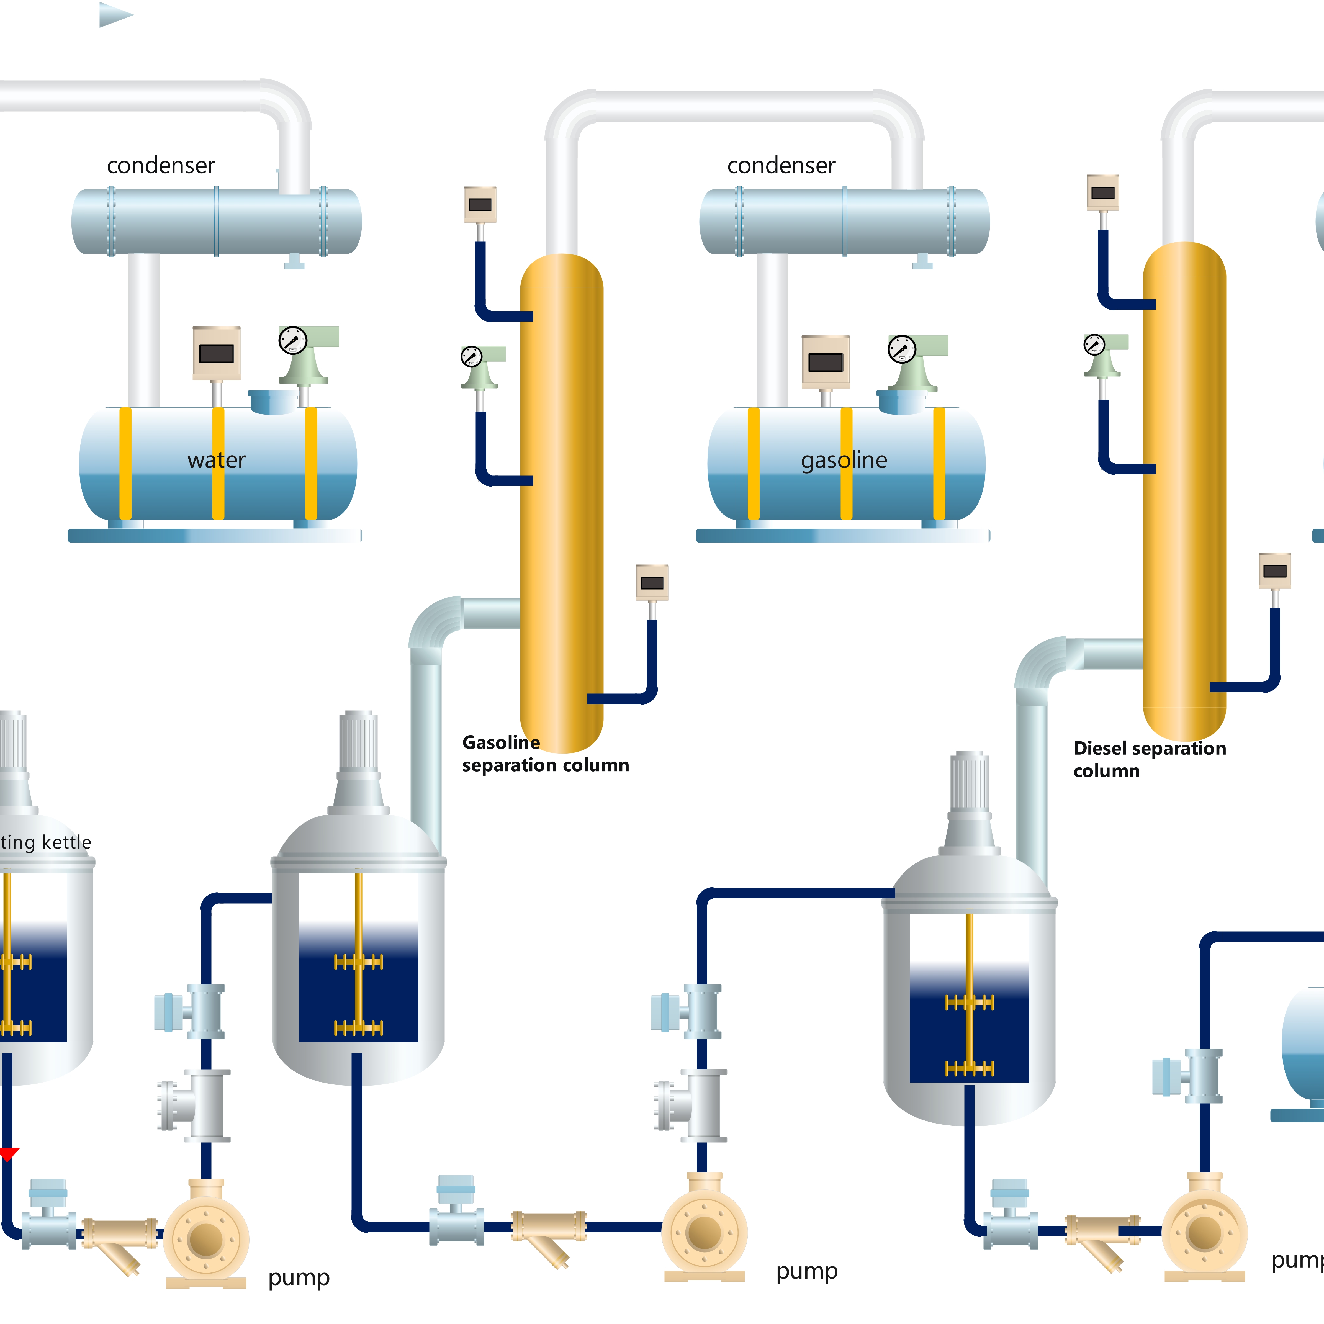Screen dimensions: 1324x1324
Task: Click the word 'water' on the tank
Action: pyautogui.click(x=217, y=460)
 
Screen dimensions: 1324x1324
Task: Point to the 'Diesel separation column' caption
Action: pyautogui.click(x=1149, y=759)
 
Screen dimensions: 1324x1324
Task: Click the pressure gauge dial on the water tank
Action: pyautogui.click(x=293, y=340)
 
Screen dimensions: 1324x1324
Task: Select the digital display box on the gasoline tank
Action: pyautogui.click(x=826, y=362)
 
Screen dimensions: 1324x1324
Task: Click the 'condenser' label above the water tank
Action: pyautogui.click(x=161, y=165)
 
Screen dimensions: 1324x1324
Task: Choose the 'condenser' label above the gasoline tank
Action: pyautogui.click(x=781, y=165)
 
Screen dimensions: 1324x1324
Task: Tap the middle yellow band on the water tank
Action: pyautogui.click(x=218, y=463)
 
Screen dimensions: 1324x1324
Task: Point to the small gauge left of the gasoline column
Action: pyautogui.click(x=472, y=356)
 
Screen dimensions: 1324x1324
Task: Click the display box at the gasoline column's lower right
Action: pyautogui.click(x=652, y=582)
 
